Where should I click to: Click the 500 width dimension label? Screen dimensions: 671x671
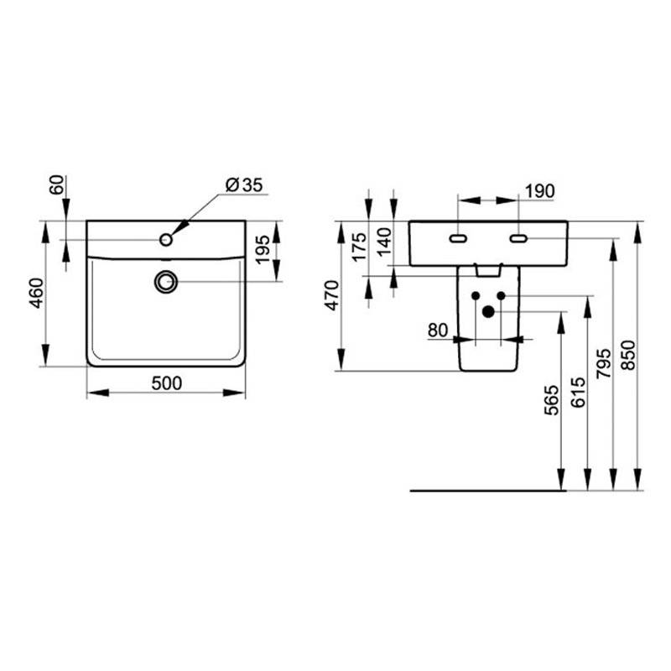point(166,383)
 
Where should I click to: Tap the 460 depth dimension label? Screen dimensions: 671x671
point(37,293)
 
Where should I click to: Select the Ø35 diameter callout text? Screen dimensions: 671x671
point(244,185)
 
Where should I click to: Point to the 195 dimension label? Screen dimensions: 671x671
point(263,249)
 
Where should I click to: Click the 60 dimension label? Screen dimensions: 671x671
point(56,185)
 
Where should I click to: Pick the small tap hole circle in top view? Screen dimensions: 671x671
point(166,240)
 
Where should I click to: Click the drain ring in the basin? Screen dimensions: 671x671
point(165,282)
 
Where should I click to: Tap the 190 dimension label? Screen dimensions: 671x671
point(539,191)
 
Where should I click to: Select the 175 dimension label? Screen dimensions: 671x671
point(359,247)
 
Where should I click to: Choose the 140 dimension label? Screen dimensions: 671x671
point(384,242)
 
